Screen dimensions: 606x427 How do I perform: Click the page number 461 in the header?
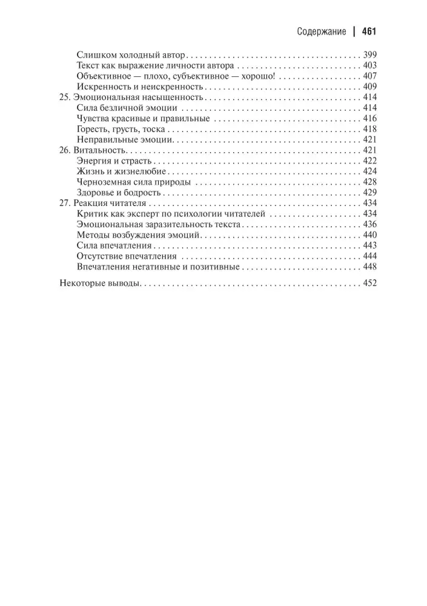369,31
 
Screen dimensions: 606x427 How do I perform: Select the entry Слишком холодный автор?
130,54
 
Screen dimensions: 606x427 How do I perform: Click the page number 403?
369,65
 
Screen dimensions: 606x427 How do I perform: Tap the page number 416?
369,119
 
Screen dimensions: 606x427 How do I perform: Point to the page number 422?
369,161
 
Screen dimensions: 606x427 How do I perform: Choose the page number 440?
369,235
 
